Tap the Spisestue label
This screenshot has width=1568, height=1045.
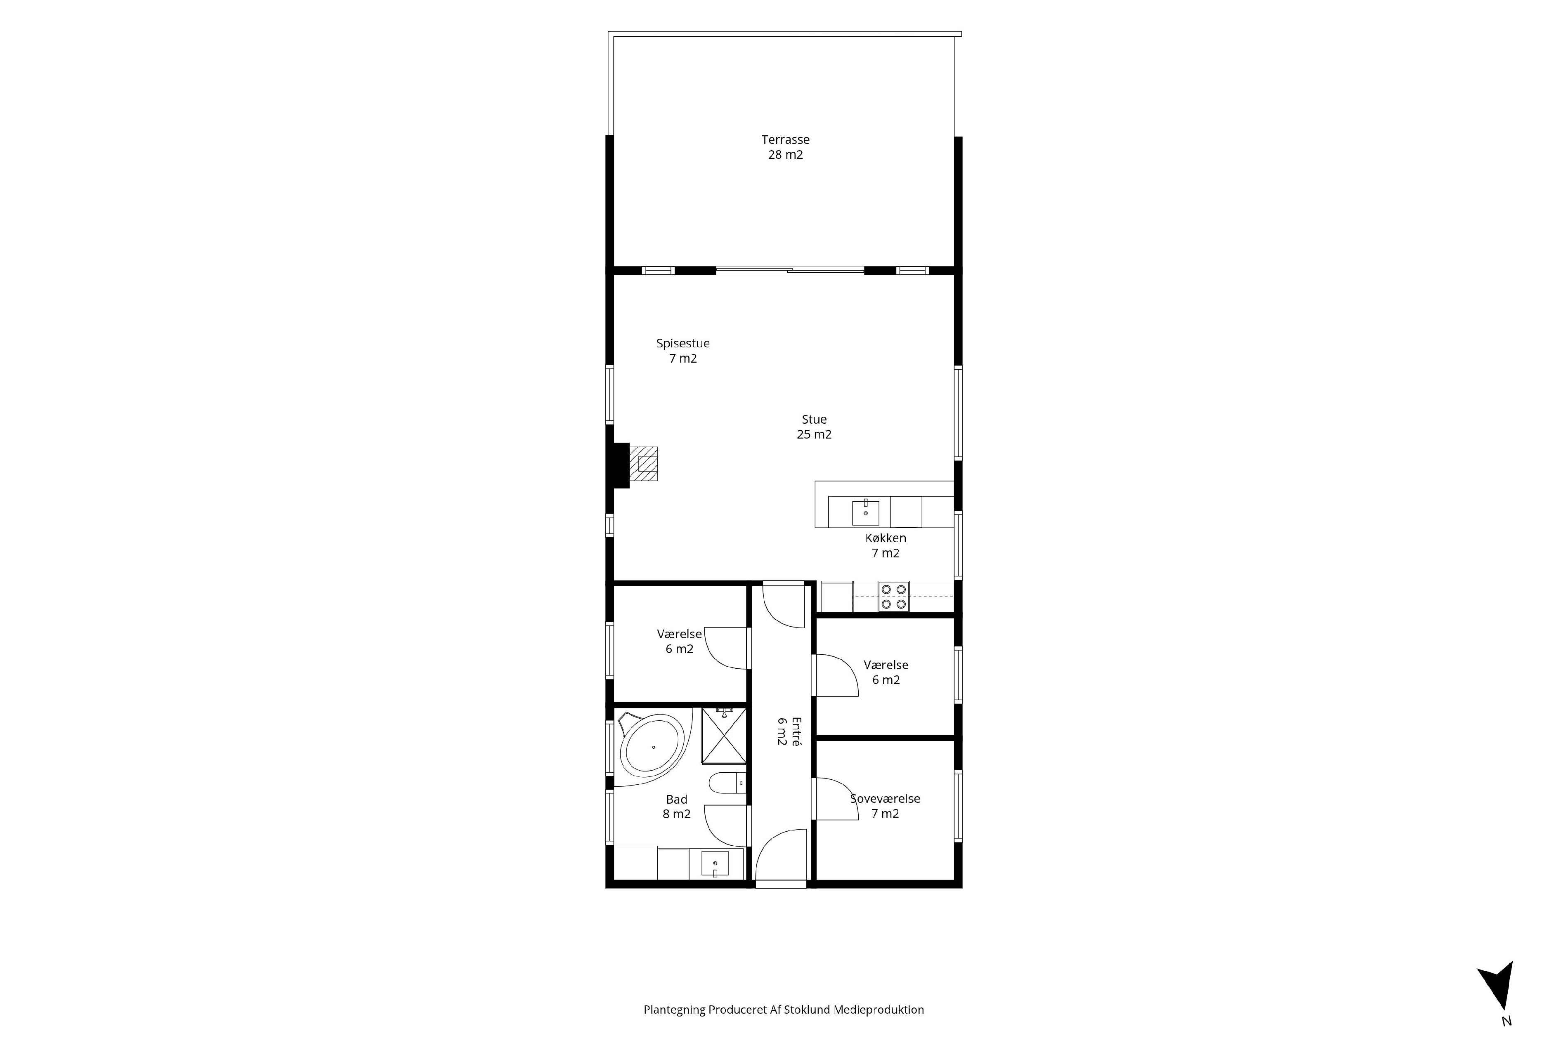683,351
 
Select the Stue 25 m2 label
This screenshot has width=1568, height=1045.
814,427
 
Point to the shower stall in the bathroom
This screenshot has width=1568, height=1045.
724,736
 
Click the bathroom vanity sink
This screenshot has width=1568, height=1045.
714,864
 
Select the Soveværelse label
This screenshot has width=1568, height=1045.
885,806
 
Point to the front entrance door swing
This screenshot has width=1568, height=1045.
781,855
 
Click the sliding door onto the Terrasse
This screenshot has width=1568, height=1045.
790,270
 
